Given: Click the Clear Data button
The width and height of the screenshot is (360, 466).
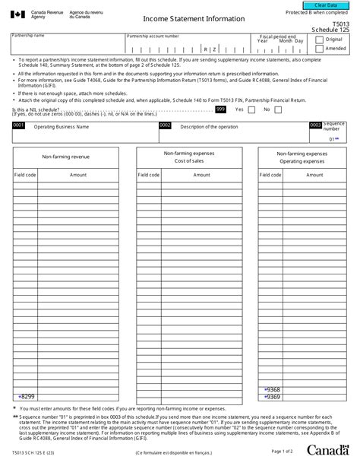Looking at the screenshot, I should click(x=320, y=5).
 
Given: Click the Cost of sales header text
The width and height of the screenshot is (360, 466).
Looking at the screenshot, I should click(x=189, y=161).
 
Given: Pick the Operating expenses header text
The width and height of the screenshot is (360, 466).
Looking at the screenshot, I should click(x=302, y=161).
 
